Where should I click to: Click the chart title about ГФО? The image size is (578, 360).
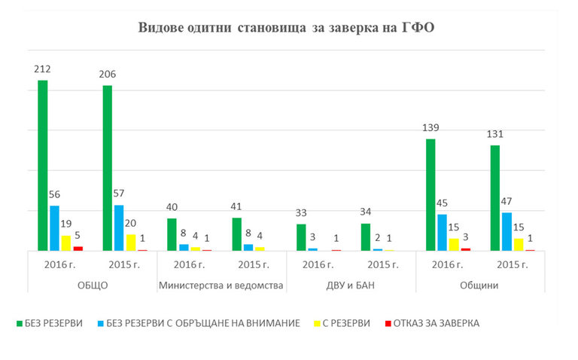(x=287, y=29)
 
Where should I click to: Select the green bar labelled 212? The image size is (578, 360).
(x=43, y=166)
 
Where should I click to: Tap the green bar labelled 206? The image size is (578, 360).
(x=108, y=168)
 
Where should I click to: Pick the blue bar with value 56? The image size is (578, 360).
(x=54, y=228)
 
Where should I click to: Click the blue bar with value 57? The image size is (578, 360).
(x=119, y=227)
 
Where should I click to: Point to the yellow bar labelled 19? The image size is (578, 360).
(x=66, y=243)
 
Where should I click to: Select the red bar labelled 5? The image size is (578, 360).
(x=78, y=248)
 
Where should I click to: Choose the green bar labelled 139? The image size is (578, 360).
(x=430, y=194)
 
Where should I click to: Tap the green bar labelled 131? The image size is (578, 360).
(x=495, y=197)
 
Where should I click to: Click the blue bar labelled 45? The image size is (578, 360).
(x=443, y=232)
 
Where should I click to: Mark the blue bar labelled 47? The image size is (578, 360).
(x=507, y=231)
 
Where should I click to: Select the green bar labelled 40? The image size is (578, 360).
(x=172, y=234)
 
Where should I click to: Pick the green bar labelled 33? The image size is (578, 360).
(x=301, y=237)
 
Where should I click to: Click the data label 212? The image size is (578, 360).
(x=42, y=69)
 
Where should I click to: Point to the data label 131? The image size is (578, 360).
(x=495, y=135)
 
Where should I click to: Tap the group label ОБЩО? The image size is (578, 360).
(x=93, y=285)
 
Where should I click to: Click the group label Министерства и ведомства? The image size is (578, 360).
(x=222, y=285)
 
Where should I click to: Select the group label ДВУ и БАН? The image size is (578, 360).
(x=351, y=285)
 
